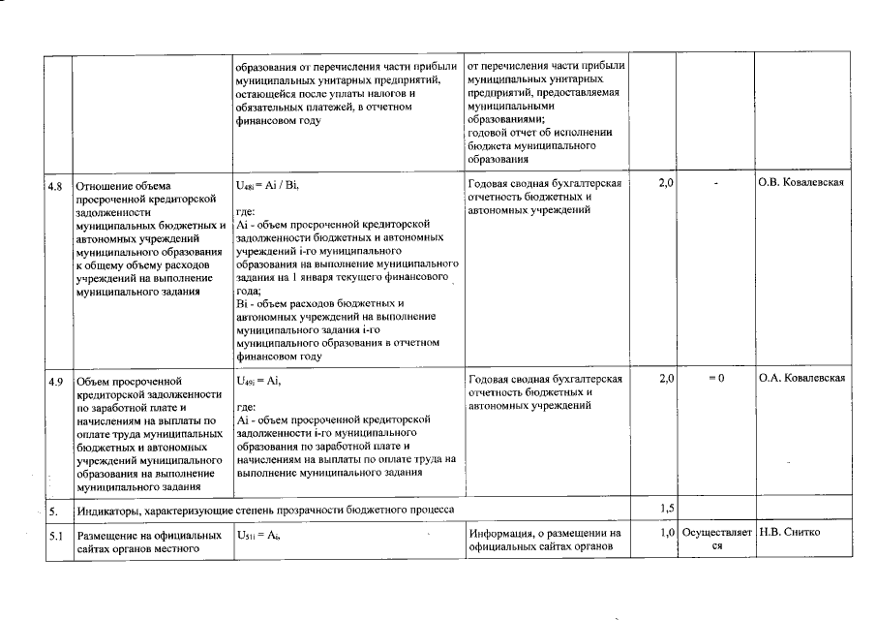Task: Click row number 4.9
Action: pyautogui.click(x=55, y=380)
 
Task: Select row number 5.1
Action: pyautogui.click(x=55, y=534)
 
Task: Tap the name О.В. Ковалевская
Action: pyautogui.click(x=802, y=183)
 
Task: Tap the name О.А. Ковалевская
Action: pyautogui.click(x=802, y=378)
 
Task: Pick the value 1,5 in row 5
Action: pyautogui.click(x=666, y=508)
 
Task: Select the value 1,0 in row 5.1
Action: pyautogui.click(x=666, y=533)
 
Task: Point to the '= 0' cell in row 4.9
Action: pyautogui.click(x=715, y=378)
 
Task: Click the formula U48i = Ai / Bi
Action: pyautogui.click(x=269, y=184)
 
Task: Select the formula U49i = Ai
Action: pyautogui.click(x=258, y=380)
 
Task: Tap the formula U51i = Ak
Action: pyautogui.click(x=258, y=534)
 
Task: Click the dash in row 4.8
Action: pyautogui.click(x=715, y=184)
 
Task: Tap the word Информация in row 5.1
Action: pyautogui.click(x=499, y=533)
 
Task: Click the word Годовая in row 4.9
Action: pyautogui.click(x=489, y=379)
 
